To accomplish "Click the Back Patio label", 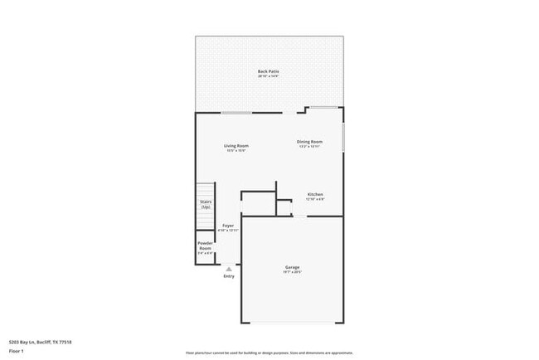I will pyautogui.click(x=268, y=71).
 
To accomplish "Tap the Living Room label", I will pyautogui.click(x=236, y=145).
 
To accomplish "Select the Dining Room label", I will pyautogui.click(x=310, y=141).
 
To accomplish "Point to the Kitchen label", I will pyautogui.click(x=315, y=194).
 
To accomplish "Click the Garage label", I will pyautogui.click(x=293, y=267).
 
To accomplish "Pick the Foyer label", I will pyautogui.click(x=228, y=226).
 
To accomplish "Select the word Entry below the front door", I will pyautogui.click(x=229, y=276).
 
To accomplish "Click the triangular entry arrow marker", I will pyautogui.click(x=229, y=269).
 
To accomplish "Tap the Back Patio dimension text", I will pyautogui.click(x=268, y=77).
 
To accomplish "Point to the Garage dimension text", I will pyautogui.click(x=293, y=272).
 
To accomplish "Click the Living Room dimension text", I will pyautogui.click(x=236, y=151).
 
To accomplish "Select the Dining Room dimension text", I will pyautogui.click(x=310, y=147).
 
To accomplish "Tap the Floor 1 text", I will pyautogui.click(x=17, y=351).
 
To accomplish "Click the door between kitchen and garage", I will pyautogui.click(x=299, y=216).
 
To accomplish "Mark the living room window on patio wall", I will pyautogui.click(x=236, y=113).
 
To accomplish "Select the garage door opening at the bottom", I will pyautogui.click(x=293, y=324).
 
